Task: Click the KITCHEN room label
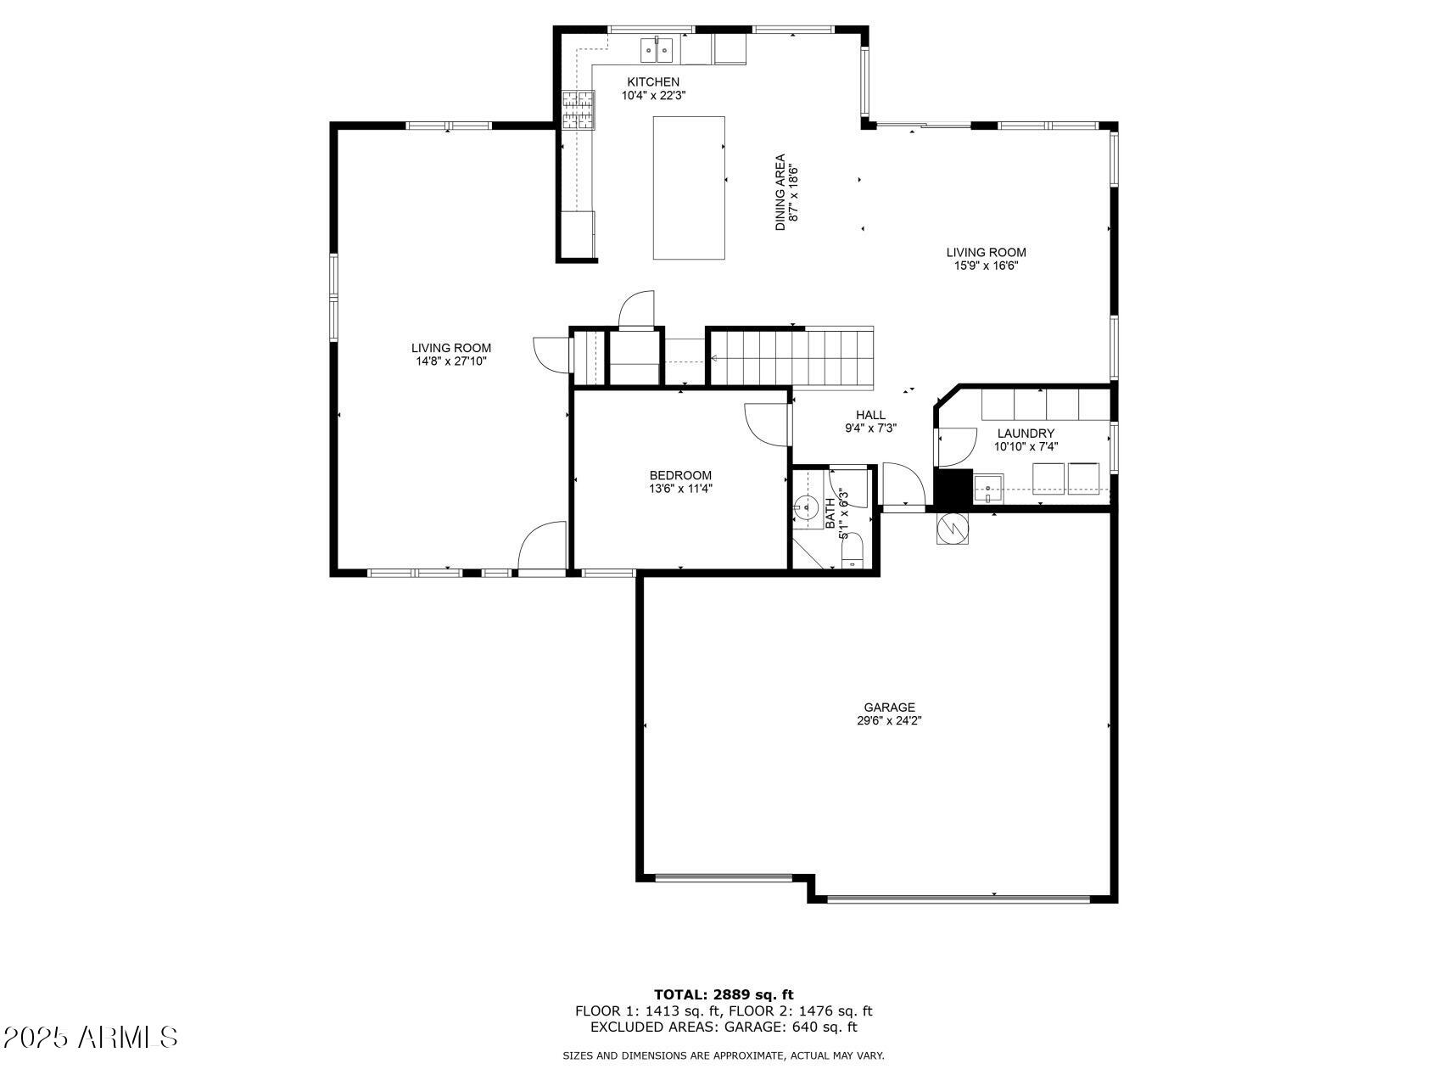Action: tap(652, 82)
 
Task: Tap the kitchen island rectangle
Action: tap(688, 188)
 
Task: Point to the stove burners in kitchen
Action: tap(579, 109)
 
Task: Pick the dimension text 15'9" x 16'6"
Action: tap(986, 266)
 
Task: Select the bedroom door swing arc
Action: tap(763, 423)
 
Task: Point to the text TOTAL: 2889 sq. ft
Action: tap(723, 994)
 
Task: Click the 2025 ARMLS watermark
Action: tap(91, 1037)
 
